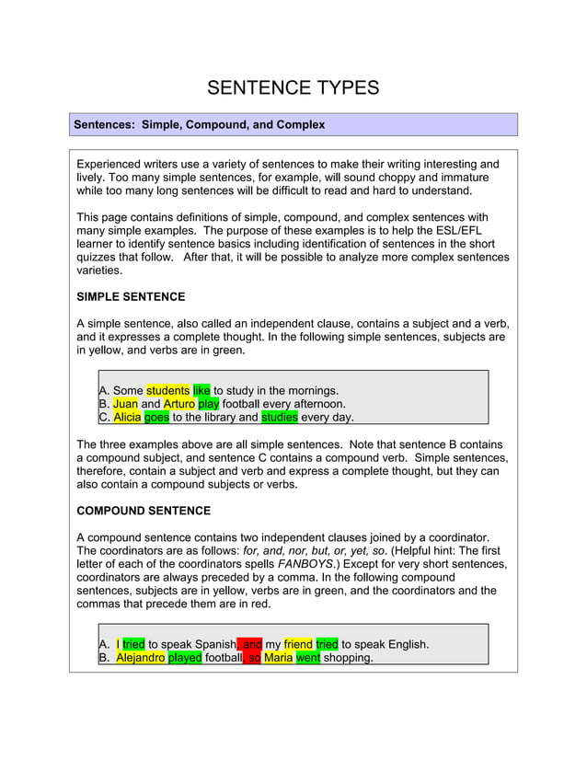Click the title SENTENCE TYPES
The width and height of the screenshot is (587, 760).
pos(293,88)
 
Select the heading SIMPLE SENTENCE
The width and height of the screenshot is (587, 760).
pos(131,297)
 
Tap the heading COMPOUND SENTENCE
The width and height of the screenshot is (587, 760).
pos(144,511)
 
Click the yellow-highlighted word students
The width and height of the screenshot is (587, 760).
pos(167,390)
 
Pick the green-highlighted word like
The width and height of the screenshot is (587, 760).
pos(201,390)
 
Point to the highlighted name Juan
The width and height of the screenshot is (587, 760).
pos(125,404)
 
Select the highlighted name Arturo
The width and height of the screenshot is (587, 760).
pos(178,404)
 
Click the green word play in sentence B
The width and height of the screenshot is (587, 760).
pos(208,404)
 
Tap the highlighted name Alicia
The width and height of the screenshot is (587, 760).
pos(128,418)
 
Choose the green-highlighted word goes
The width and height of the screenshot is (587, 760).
pos(156,418)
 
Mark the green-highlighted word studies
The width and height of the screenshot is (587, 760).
pos(280,418)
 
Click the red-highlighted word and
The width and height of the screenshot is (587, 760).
pos(252,645)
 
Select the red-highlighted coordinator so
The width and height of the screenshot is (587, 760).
pos(255,659)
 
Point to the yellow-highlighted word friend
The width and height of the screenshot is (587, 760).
pos(298,645)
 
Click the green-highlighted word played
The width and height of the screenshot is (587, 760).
pos(185,659)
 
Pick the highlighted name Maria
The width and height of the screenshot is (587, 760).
pos(278,659)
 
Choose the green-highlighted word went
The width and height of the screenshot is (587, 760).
pos(308,659)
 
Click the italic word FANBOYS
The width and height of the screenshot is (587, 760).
pos(305,564)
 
